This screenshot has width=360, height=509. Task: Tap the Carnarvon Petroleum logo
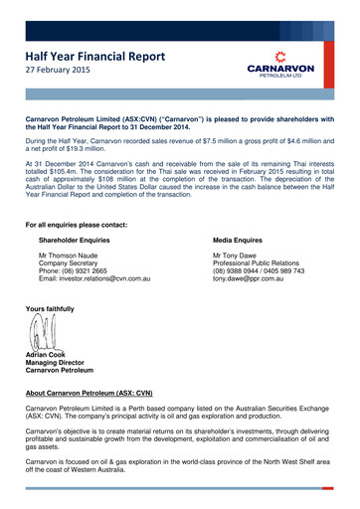[280, 62]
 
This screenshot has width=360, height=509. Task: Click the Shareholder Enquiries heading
[81, 241]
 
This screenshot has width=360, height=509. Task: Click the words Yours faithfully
[50, 309]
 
